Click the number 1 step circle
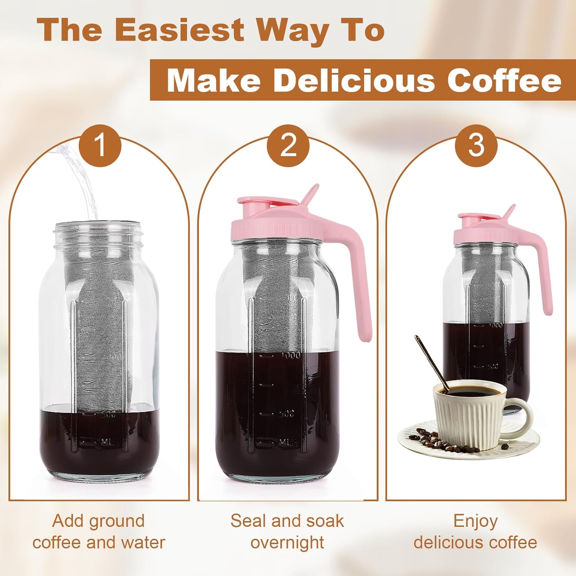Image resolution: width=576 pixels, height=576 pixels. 100,146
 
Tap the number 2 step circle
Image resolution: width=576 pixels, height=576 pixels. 288,146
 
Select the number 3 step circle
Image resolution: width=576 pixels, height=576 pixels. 476,146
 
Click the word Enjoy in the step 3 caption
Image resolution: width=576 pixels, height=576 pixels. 475,521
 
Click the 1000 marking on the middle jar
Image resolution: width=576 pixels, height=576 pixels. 291,355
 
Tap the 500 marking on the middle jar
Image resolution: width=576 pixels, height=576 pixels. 286,414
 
